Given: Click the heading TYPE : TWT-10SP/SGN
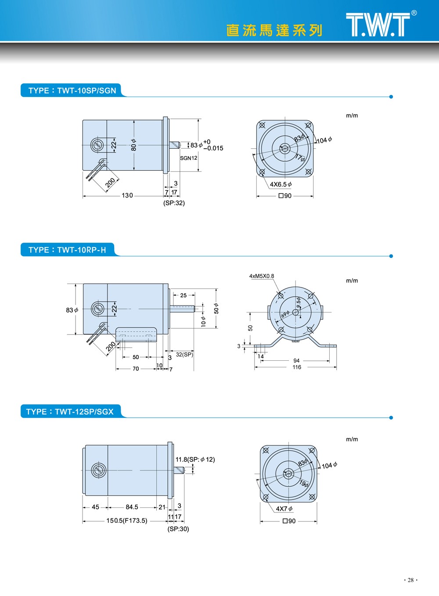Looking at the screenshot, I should (72, 91).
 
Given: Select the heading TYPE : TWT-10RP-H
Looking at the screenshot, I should (67, 250).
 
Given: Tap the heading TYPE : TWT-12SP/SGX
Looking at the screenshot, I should (70, 412).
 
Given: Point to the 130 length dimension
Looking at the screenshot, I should (127, 195).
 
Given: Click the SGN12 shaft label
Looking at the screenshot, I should (189, 158).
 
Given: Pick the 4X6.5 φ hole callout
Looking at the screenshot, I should (281, 184).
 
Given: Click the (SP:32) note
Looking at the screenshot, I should (174, 203).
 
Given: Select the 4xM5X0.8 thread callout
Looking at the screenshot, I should (262, 276).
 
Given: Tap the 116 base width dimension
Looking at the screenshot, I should (297, 367).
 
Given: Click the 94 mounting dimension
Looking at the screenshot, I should (296, 361).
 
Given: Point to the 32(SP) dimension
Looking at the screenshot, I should (184, 355).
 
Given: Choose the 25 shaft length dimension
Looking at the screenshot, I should (184, 295).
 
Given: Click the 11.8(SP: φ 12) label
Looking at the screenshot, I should (195, 460).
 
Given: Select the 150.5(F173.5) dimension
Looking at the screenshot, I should (127, 521).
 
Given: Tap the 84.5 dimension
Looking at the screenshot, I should (132, 507).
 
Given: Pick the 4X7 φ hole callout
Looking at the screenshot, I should (284, 509).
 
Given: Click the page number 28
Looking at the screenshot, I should (410, 580).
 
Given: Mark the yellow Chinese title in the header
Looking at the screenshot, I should (274, 30).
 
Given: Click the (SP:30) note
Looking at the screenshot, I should (178, 529).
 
